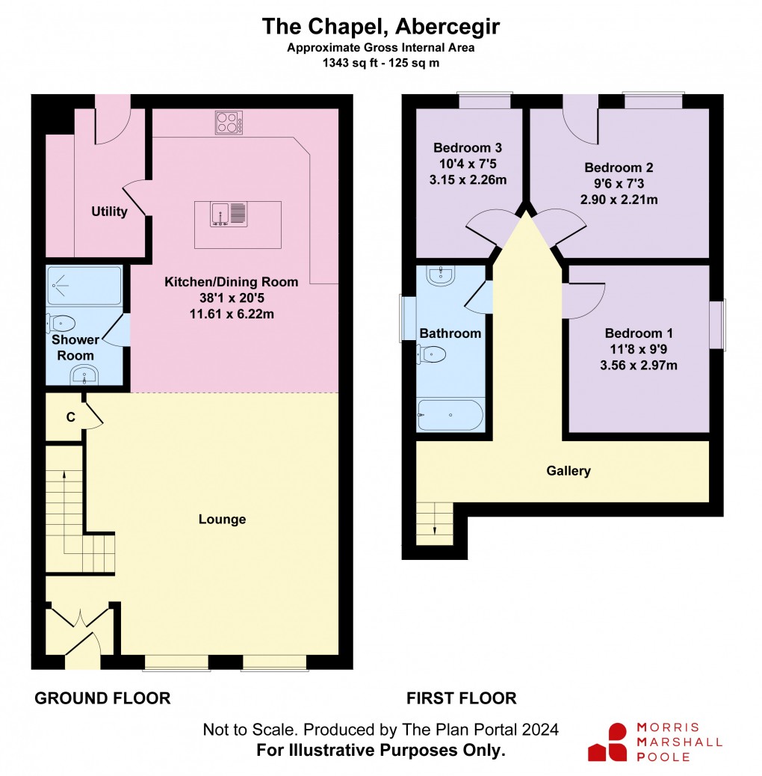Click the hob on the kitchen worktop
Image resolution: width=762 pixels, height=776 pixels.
[229, 123]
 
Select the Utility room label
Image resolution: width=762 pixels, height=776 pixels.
[109, 212]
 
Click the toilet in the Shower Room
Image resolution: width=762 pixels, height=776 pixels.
[62, 324]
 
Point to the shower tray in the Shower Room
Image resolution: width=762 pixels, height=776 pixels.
[84, 285]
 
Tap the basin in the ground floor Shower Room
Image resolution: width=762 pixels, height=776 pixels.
[84, 374]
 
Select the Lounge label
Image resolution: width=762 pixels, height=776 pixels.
[222, 520]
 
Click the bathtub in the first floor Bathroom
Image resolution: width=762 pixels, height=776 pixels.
[450, 416]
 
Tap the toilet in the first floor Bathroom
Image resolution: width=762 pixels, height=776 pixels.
[433, 354]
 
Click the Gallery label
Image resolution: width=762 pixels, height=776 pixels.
[569, 471]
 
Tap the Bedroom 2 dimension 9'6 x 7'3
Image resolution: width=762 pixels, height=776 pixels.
[613, 184]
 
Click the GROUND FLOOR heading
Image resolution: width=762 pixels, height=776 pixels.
[103, 698]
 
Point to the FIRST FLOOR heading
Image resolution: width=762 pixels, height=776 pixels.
[461, 698]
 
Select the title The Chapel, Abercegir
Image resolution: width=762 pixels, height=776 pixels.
[380, 27]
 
